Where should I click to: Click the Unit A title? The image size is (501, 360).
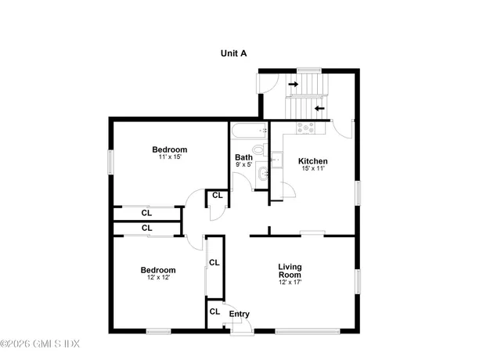tap(233, 53)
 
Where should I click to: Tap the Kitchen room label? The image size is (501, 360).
tap(312, 161)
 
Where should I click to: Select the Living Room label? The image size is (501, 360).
tap(290, 272)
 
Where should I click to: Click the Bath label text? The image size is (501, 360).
tap(243, 157)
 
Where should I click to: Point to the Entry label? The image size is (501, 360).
tap(239, 314)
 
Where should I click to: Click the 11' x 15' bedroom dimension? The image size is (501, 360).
tap(170, 157)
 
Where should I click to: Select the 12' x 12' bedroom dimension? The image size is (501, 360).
tap(157, 277)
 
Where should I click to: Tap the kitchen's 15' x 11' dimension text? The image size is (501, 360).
tap(312, 168)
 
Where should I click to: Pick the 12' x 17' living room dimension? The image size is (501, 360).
tap(290, 283)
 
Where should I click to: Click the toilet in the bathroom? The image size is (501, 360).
tap(258, 149)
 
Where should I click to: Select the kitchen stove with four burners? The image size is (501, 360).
tap(305, 127)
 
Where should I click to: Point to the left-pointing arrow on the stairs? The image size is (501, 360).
tap(319, 108)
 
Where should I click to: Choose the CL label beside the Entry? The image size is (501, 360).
tap(214, 311)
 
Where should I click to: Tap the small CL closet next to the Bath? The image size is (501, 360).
tap(216, 196)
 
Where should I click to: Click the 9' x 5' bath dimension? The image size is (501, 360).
tap(243, 165)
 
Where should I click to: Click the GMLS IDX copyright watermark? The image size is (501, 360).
tap(41, 344)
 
